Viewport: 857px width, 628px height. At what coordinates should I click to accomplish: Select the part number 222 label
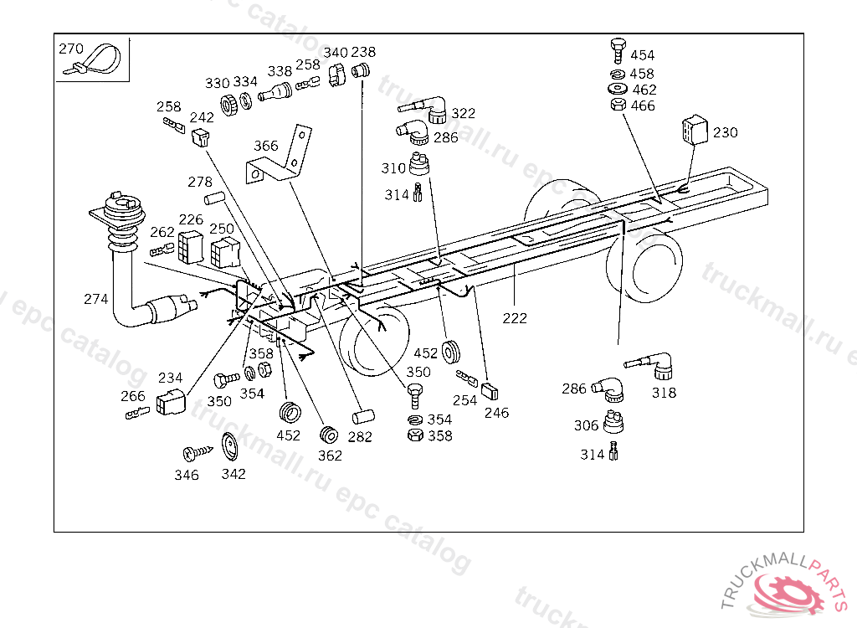(515, 318)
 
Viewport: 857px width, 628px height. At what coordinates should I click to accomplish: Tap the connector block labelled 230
(695, 130)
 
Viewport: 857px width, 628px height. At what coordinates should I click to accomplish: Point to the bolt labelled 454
(618, 51)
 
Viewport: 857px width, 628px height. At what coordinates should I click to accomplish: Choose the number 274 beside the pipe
(95, 299)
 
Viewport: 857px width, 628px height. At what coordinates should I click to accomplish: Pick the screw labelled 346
(198, 452)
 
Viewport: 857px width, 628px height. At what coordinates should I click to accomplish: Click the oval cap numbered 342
(230, 447)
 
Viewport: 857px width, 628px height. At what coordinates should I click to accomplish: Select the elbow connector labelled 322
(424, 109)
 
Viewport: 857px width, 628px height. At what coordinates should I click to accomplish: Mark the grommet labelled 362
(329, 435)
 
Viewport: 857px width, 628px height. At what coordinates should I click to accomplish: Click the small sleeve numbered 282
(363, 417)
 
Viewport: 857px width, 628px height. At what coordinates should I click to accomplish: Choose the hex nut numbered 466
(618, 105)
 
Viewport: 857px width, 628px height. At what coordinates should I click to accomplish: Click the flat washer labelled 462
(618, 89)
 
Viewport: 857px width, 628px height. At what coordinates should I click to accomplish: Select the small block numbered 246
(490, 392)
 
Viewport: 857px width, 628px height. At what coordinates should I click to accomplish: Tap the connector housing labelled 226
(191, 247)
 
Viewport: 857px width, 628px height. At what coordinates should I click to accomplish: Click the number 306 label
(587, 425)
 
